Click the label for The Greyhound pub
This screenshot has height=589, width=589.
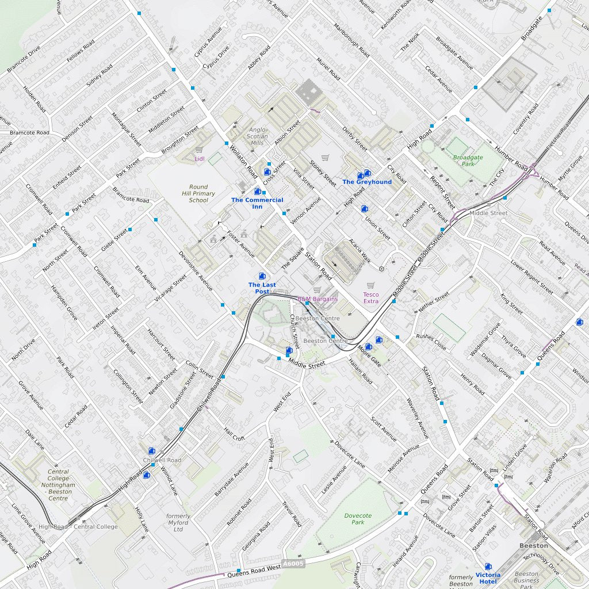(366, 182)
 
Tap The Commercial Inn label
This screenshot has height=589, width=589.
(257, 203)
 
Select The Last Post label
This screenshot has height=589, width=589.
(262, 288)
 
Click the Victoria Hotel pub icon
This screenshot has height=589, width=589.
(488, 567)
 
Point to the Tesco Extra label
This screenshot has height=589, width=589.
(371, 297)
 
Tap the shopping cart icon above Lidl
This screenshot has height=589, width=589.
(199, 149)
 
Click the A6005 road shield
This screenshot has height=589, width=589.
(293, 564)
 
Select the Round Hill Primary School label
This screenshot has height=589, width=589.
(198, 193)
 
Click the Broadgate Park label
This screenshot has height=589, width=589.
(468, 160)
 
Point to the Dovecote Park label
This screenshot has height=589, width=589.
(358, 519)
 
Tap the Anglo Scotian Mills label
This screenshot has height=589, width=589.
(257, 136)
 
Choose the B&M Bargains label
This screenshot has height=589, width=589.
(317, 299)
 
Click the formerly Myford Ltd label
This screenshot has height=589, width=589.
(178, 523)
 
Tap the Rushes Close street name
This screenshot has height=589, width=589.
(431, 342)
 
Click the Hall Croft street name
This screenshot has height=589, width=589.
(234, 434)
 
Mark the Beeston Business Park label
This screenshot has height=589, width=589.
(526, 580)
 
